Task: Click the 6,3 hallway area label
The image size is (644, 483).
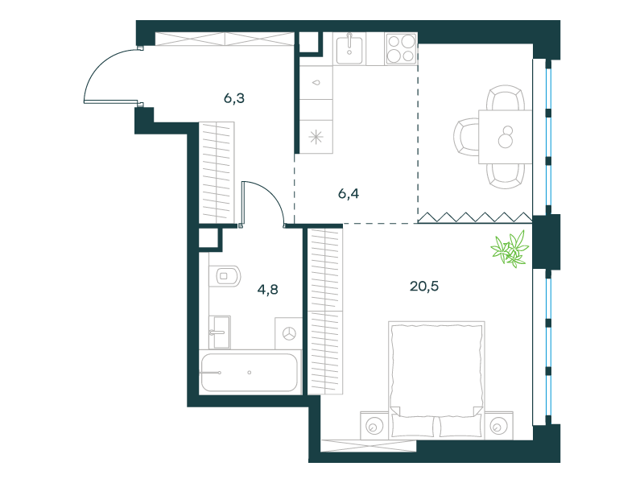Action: [234, 98]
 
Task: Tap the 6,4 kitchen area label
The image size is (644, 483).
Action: [349, 193]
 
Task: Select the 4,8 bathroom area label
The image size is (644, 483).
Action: [267, 290]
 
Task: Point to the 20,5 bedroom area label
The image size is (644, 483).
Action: [424, 286]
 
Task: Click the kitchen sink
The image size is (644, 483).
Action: [349, 49]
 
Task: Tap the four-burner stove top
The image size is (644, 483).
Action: [401, 49]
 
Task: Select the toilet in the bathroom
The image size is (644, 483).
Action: [225, 275]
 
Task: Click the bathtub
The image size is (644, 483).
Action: [250, 373]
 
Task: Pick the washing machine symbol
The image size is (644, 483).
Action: [289, 333]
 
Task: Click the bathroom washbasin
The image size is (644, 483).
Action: [220, 332]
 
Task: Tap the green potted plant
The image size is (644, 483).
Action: [510, 249]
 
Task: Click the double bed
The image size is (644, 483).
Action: [436, 380]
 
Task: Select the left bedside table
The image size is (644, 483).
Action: [374, 426]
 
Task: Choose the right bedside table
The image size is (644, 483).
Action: [498, 426]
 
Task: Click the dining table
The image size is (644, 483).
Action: [506, 137]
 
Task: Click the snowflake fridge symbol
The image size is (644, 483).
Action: [316, 137]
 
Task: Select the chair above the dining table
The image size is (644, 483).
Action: [506, 97]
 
